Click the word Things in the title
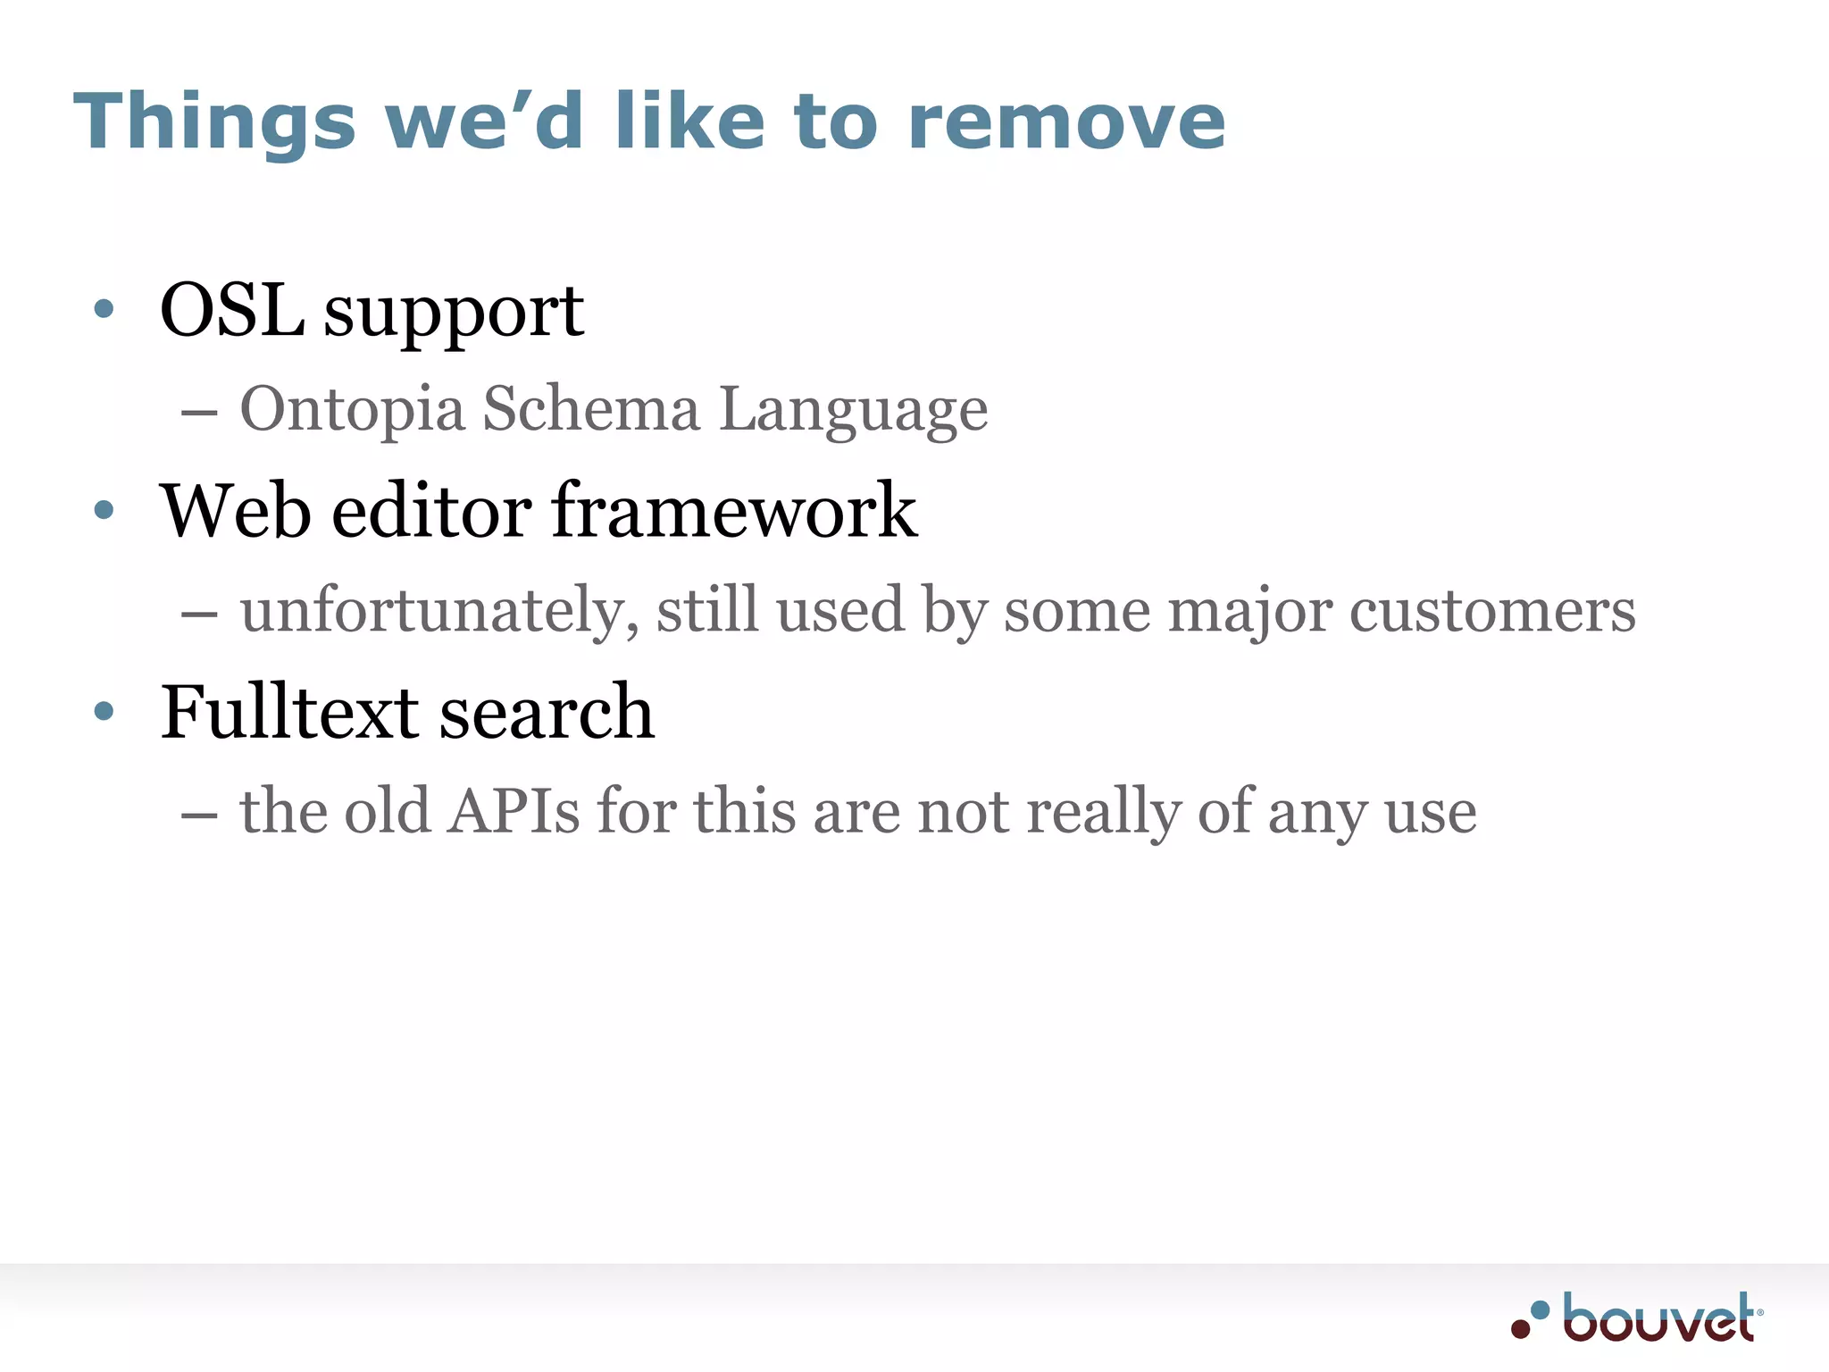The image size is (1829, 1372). pos(214,123)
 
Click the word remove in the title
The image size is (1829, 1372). pos(1066,123)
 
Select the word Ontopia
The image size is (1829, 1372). pos(352,409)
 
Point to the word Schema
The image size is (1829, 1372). pos(591,409)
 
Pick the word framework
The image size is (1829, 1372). pos(734,511)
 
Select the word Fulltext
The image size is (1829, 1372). pos(289,712)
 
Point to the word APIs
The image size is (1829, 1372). pos(514,811)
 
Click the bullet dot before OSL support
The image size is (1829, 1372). pos(104,309)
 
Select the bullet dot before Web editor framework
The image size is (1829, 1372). pos(104,510)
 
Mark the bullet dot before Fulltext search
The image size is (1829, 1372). pos(104,711)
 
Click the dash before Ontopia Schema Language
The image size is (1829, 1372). pos(198,414)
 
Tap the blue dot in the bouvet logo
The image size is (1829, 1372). pos(1540,1310)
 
